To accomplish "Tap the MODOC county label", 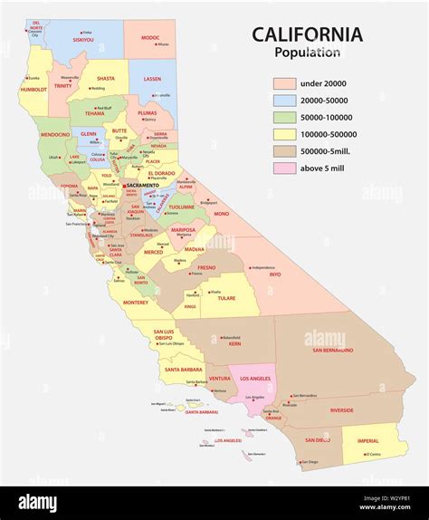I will click(150, 37).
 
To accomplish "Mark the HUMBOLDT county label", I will click(32, 90).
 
